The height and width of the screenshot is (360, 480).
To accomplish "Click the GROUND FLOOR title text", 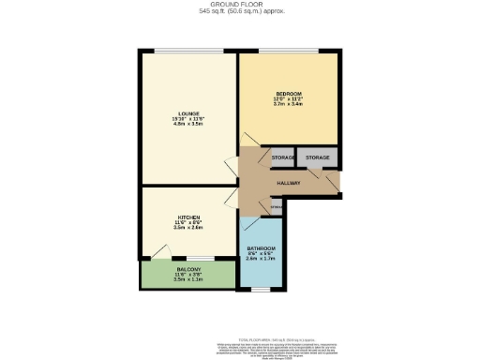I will pos(240,5).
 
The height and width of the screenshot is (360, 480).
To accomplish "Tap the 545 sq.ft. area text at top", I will pos(240,12).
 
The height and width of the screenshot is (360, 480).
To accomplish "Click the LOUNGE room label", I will pos(187,114).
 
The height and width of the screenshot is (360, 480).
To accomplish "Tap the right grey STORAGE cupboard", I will pos(317,157).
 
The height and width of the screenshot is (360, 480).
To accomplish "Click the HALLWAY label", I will pos(288,183).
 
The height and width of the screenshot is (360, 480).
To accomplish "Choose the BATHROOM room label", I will pos(261,247).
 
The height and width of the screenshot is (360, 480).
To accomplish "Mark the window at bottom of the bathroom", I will pos(261,290).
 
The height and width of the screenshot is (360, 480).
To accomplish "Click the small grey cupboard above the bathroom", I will pos(276,207).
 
